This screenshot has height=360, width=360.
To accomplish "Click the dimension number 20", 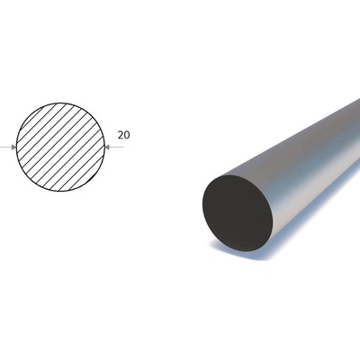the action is coord(123,135).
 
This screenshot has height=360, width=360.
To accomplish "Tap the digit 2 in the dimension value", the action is coord(121,135).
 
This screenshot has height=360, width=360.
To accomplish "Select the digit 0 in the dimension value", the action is coord(127,135).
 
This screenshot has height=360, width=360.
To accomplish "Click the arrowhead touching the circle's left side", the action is coord(13,147).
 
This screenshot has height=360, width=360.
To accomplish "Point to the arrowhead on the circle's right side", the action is coord(108,147).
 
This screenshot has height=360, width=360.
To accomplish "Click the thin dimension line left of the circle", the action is coord(5,147).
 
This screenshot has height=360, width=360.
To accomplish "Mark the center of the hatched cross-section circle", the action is coord(60,147).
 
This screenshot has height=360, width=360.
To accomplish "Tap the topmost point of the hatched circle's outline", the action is coord(60,103).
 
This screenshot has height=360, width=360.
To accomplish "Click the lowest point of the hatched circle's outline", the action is coord(60,191).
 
